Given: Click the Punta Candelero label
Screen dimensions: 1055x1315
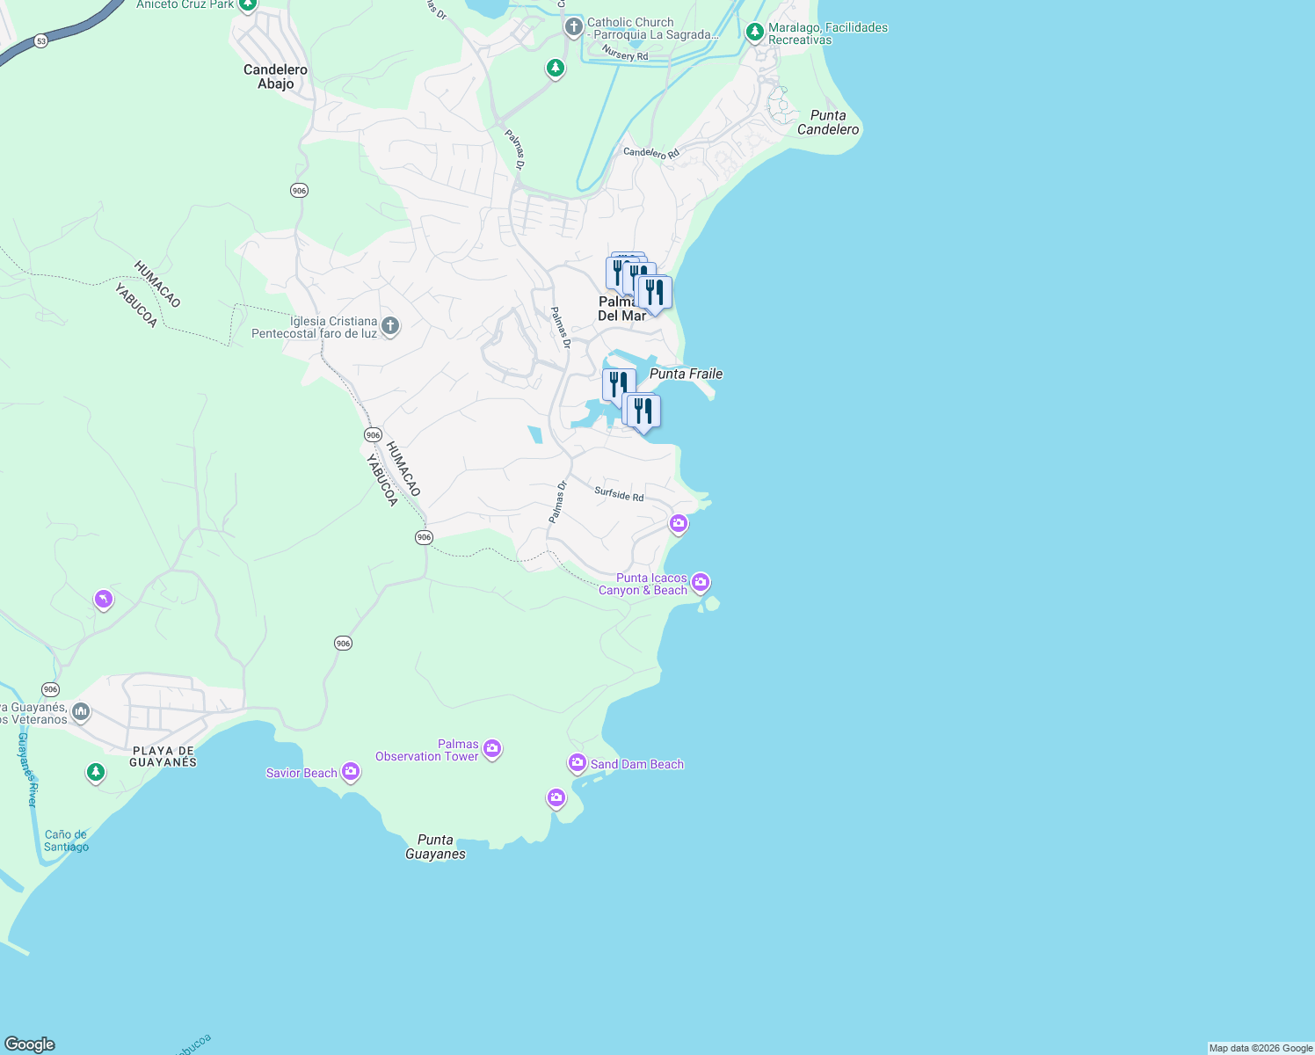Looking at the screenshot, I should (828, 122).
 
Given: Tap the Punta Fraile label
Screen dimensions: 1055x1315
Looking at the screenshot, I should (686, 374).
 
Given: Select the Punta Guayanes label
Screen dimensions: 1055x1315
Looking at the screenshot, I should (435, 847).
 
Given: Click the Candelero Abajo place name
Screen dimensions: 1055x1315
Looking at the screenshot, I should (275, 76).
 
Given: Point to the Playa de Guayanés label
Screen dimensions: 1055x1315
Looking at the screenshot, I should (163, 756).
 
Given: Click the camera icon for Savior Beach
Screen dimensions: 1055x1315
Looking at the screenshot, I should (351, 772).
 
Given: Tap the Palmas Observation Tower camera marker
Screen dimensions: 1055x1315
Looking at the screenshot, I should (492, 749).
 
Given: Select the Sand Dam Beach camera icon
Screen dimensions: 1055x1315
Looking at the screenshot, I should (578, 763).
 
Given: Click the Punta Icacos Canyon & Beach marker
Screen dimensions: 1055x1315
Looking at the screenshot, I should (701, 582).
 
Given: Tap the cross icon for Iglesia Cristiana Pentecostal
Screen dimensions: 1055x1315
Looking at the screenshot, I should (390, 326).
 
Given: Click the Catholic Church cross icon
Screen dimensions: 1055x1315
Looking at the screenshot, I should (573, 26).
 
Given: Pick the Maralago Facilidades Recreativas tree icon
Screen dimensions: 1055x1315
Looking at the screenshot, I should (754, 33).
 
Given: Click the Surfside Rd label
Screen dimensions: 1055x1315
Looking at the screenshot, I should (619, 494).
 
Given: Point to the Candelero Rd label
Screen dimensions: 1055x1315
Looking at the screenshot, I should (651, 152).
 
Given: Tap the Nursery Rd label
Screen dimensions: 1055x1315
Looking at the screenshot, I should (625, 55).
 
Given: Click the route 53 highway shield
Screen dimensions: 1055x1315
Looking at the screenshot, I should (41, 40).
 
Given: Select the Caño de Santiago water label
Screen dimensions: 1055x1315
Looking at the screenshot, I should (66, 840).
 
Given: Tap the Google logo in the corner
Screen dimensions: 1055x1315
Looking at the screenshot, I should (30, 1044).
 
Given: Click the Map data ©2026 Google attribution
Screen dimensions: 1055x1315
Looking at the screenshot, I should (1261, 1048).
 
